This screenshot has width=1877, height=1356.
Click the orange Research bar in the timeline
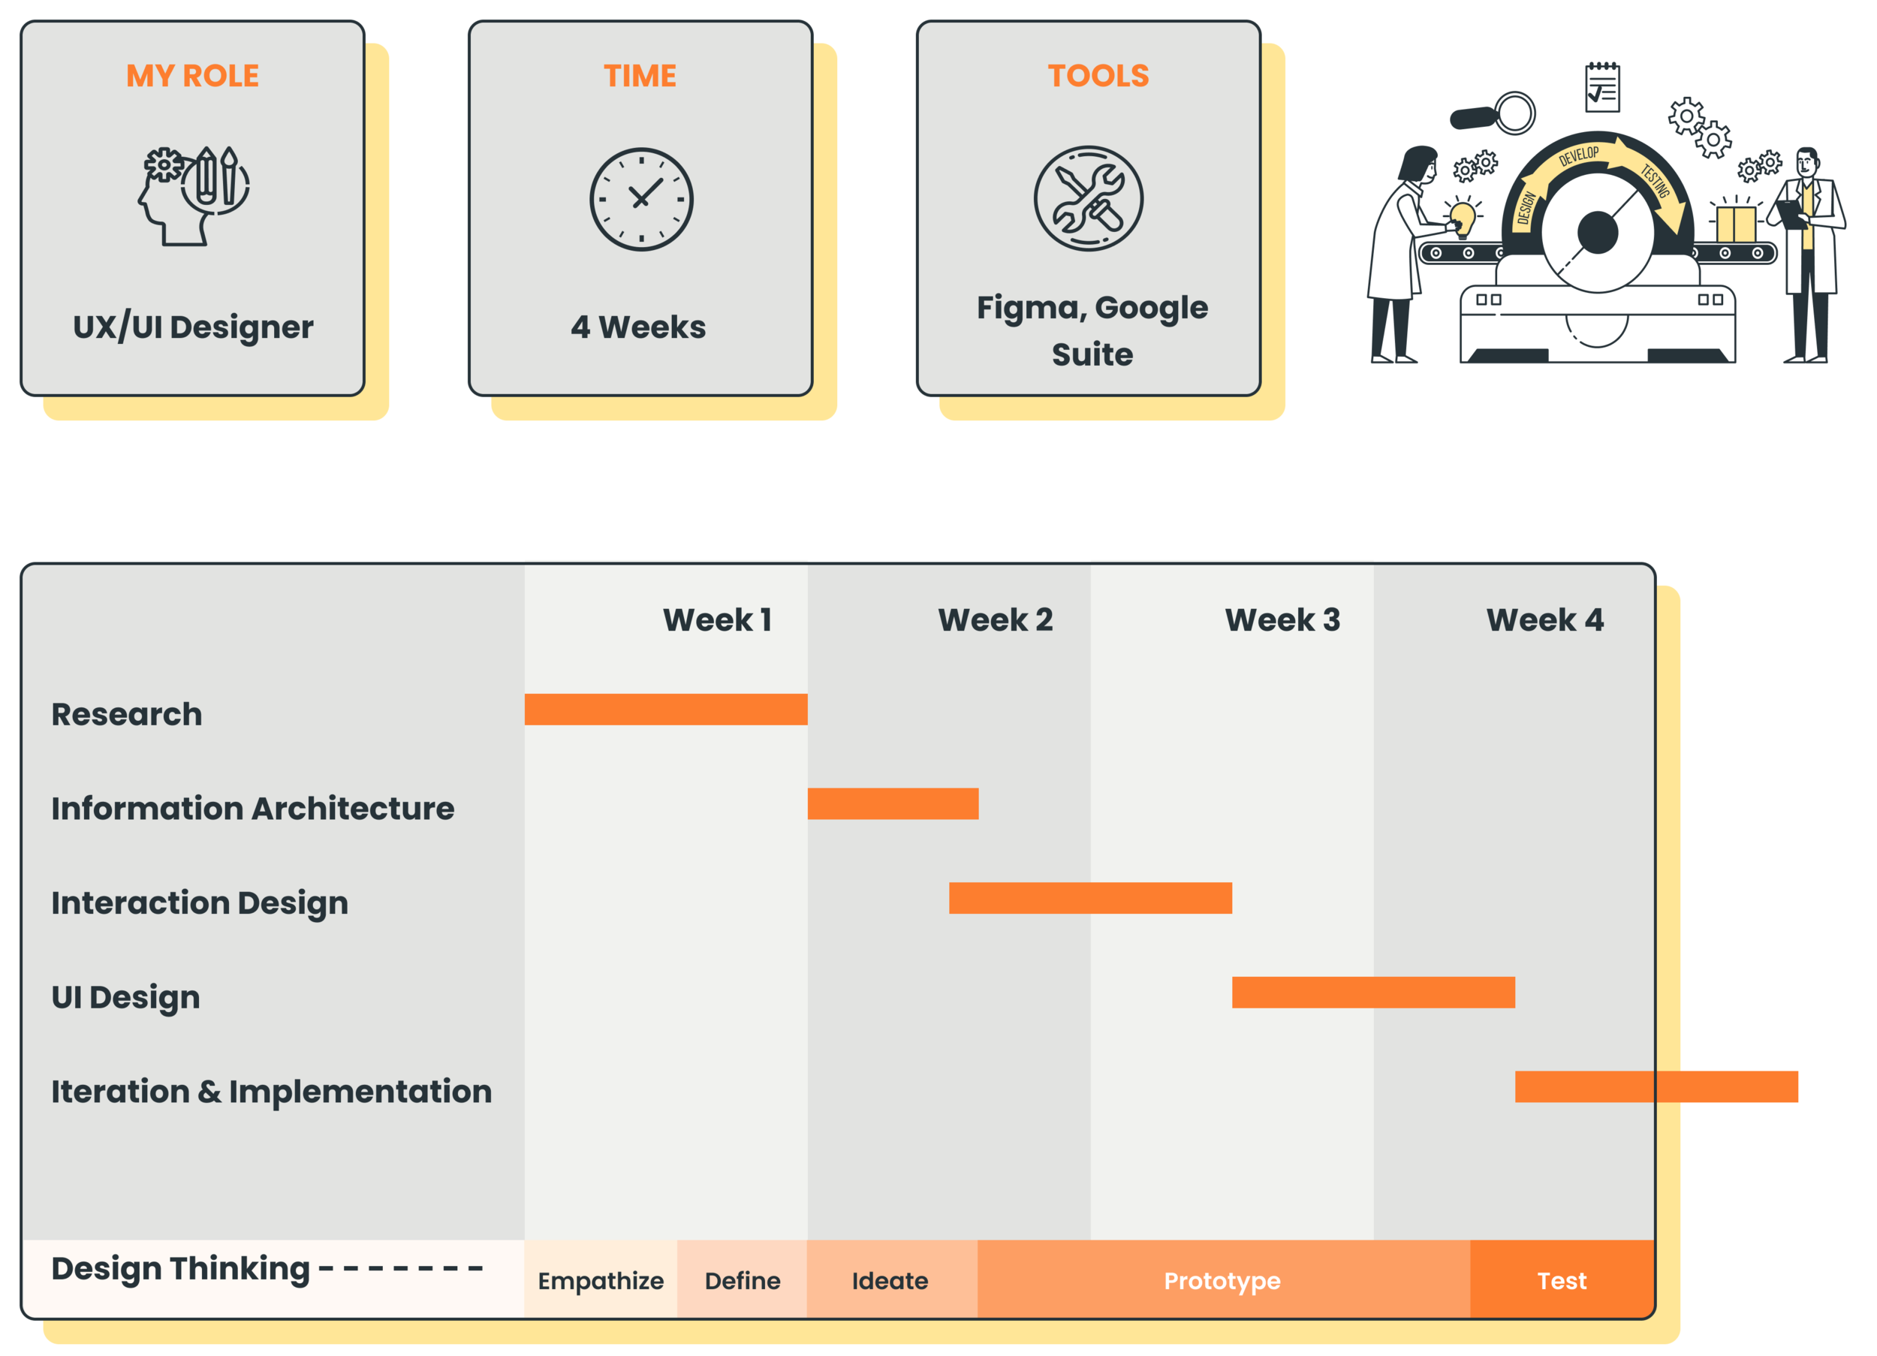pyautogui.click(x=665, y=710)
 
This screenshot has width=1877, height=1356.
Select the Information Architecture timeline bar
pyautogui.click(x=892, y=804)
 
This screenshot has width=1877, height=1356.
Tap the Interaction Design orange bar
pyautogui.click(x=1090, y=898)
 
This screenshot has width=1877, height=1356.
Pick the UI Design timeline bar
pyautogui.click(x=1373, y=993)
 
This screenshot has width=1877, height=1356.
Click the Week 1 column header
pyautogui.click(x=717, y=620)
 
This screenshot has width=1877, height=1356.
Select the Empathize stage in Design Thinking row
pyautogui.click(x=600, y=1281)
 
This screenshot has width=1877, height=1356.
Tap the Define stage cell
pyautogui.click(x=743, y=1281)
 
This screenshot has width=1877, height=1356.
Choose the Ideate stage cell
pyautogui.click(x=890, y=1281)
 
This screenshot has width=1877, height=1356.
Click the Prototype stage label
pyautogui.click(x=1222, y=1281)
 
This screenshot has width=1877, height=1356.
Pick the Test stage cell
pyautogui.click(x=1562, y=1281)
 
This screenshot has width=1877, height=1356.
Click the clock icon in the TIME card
pyautogui.click(x=641, y=200)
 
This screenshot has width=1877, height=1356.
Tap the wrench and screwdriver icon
pyautogui.click(x=1089, y=199)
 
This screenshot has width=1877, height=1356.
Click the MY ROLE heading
pyautogui.click(x=193, y=76)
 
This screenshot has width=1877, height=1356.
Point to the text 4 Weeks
pyautogui.click(x=638, y=327)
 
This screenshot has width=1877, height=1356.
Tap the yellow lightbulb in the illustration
pyautogui.click(x=1463, y=218)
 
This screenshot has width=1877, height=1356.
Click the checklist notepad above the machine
pyautogui.click(x=1602, y=87)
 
